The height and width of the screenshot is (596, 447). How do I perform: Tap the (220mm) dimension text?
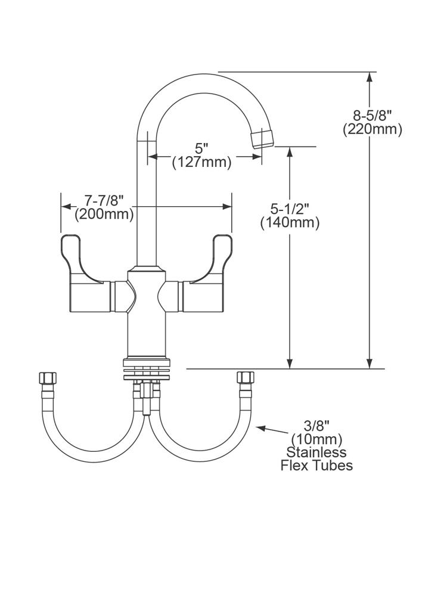point(372,129)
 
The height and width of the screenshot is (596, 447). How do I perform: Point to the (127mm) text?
point(201,162)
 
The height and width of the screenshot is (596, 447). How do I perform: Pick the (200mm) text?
point(104,214)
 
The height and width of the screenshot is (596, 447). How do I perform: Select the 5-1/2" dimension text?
point(290,209)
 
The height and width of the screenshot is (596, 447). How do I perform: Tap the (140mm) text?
point(290,223)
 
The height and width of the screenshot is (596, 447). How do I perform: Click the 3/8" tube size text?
point(316,426)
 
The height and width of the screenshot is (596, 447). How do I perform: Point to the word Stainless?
point(316,452)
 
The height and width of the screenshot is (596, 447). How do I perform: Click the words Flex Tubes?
point(316,465)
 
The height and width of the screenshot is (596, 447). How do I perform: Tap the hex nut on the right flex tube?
point(245,378)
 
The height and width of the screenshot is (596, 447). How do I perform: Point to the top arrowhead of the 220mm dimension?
point(371,77)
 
